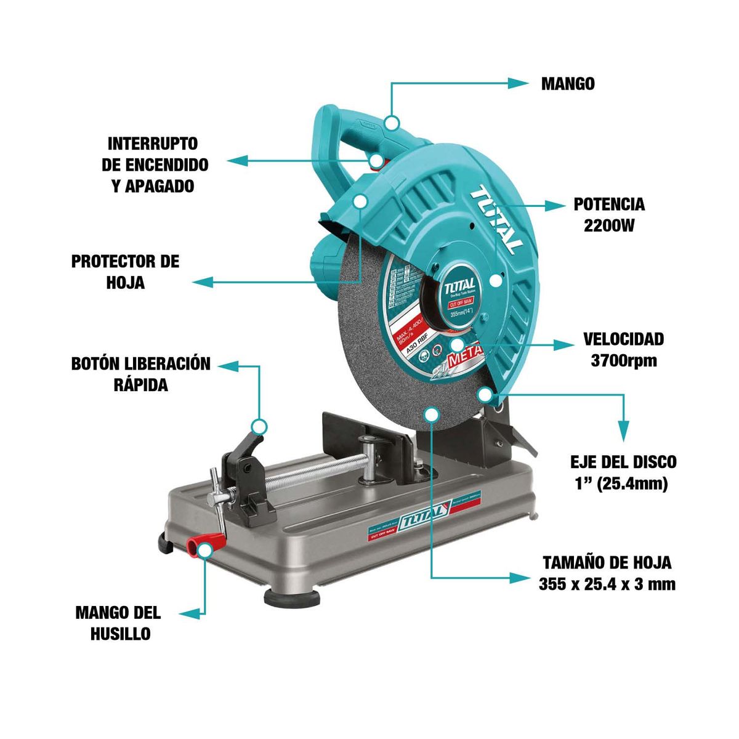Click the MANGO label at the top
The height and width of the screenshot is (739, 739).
(x=568, y=84)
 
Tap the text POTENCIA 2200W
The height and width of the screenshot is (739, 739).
(x=608, y=214)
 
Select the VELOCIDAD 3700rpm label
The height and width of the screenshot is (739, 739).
(x=623, y=349)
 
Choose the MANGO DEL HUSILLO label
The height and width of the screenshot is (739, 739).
(x=118, y=623)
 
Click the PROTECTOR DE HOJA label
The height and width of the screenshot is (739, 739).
(x=125, y=272)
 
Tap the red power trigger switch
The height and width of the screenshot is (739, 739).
(x=377, y=161)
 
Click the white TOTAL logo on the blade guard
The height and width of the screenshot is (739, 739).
(x=495, y=219)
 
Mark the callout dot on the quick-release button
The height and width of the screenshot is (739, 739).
(x=259, y=426)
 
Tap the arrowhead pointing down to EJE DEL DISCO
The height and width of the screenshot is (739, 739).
(x=623, y=430)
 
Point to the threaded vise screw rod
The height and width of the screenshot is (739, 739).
(x=308, y=475)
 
